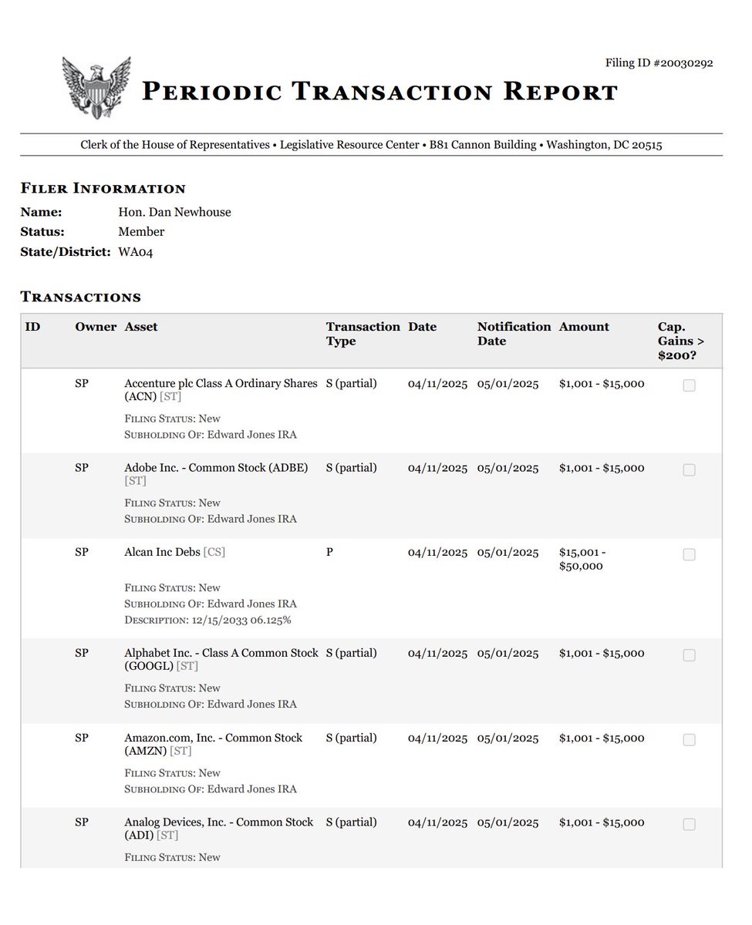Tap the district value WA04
click(136, 252)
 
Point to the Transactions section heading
click(80, 297)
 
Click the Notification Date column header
click(514, 334)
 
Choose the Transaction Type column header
click(363, 334)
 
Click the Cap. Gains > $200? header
click(682, 341)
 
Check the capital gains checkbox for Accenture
click(689, 385)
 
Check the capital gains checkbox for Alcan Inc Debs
click(689, 555)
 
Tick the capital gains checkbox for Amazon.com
click(689, 740)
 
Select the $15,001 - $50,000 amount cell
click(591, 560)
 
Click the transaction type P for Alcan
click(330, 553)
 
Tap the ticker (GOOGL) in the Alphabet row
click(149, 666)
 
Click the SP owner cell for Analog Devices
click(82, 822)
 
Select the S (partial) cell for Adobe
click(351, 468)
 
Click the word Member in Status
click(141, 232)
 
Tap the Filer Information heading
click(103, 189)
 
